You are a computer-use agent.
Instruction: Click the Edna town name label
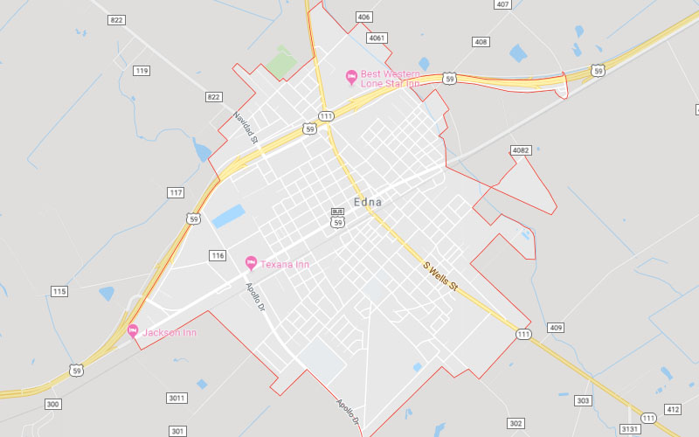pos(368,203)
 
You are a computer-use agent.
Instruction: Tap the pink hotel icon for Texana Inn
pos(251,263)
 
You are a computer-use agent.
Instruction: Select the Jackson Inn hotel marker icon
pos(133,331)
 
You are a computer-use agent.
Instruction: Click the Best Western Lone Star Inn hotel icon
pos(351,77)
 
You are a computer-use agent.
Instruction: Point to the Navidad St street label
pos(246,128)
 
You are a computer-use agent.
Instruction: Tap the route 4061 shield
pos(377,38)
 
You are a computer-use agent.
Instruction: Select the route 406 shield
pos(363,17)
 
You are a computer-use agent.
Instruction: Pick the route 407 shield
pos(502,4)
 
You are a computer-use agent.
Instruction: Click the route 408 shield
pos(481,42)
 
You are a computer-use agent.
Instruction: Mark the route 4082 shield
pos(522,151)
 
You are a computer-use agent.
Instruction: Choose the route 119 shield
pos(142,71)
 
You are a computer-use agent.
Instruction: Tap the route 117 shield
pos(176,192)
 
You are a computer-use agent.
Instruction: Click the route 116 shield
pos(218,255)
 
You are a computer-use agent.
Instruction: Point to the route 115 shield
pos(59,291)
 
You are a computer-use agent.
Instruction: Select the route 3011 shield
pos(177,398)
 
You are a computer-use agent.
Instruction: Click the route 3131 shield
pos(630,429)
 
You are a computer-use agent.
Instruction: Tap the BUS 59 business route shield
pos(337,218)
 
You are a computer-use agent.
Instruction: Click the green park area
pos(280,62)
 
